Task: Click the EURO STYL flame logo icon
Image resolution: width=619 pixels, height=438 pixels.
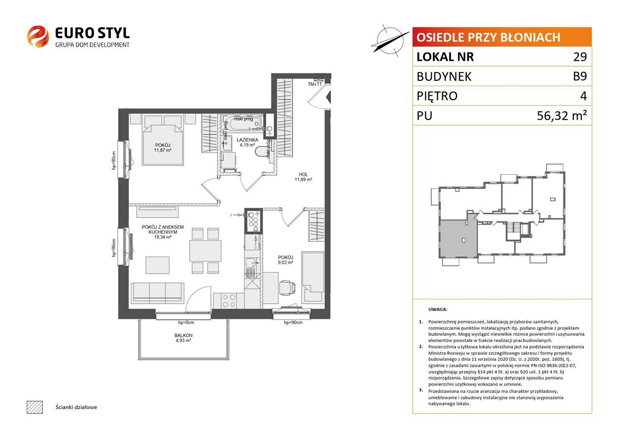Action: (38, 36)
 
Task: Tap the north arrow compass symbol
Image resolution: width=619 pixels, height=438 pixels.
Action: (390, 41)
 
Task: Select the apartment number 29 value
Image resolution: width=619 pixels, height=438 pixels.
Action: (580, 56)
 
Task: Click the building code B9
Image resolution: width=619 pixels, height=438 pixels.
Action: (580, 76)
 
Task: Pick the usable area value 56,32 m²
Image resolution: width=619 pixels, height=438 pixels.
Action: (562, 115)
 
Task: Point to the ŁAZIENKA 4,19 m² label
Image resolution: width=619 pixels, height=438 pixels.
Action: (247, 142)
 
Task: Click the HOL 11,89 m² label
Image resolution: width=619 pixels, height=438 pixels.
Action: (303, 177)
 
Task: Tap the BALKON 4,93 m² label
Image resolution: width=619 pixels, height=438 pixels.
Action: (183, 338)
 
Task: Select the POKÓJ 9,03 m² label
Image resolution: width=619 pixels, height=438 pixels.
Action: (286, 260)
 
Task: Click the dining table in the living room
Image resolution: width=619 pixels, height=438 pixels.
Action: (205, 251)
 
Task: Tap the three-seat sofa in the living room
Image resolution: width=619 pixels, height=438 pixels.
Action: (158, 292)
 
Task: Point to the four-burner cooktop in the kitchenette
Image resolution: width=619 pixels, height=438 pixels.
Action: (229, 301)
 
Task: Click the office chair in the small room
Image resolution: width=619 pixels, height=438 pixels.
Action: (287, 288)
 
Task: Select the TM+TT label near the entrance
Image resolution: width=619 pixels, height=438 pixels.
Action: (315, 84)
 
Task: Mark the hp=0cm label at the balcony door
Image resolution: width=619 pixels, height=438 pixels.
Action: (186, 323)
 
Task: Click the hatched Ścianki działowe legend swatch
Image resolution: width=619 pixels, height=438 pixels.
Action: (35, 407)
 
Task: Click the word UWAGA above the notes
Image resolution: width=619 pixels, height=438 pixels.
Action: (437, 309)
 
